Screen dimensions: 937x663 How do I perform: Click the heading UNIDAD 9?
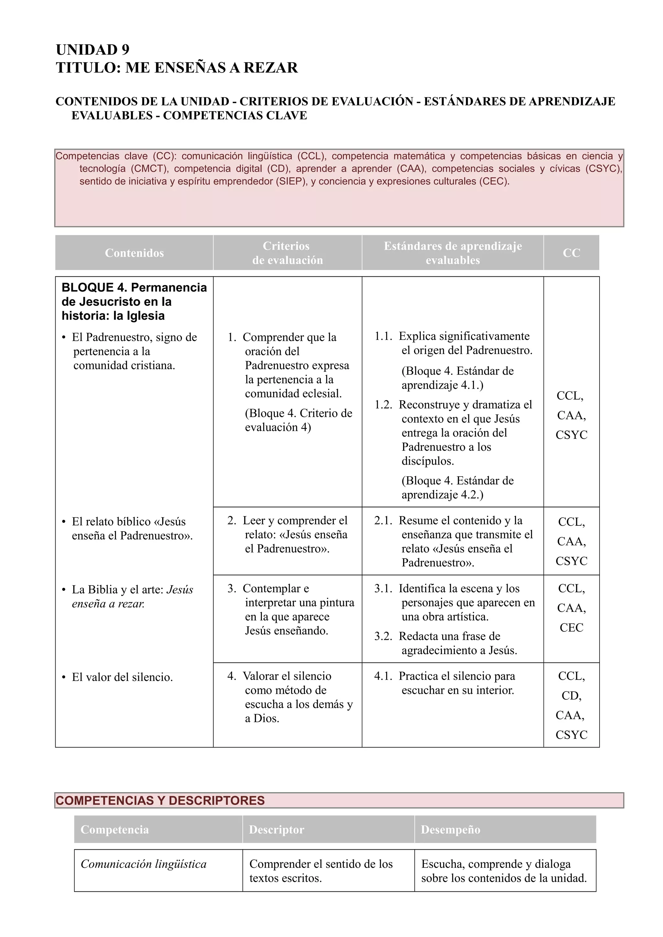[92, 49]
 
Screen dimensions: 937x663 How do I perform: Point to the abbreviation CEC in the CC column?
[571, 628]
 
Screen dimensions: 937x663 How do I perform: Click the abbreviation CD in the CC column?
[571, 695]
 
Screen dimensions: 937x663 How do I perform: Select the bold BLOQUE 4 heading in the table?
[134, 301]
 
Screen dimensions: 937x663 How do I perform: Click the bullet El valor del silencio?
[122, 677]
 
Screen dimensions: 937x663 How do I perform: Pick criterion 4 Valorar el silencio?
[290, 697]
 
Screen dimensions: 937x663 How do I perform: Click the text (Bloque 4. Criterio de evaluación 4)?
[298, 420]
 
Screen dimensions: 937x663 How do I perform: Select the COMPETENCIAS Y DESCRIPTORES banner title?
[160, 800]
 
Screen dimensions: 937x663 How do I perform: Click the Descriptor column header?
[276, 829]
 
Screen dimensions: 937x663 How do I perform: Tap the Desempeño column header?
[450, 829]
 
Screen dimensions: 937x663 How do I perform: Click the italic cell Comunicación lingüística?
[143, 864]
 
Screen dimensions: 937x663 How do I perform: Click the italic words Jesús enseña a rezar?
[133, 597]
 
